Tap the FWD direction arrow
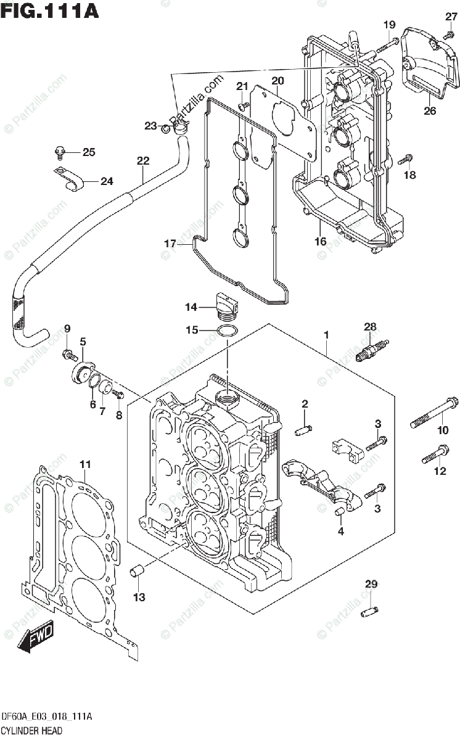(x=36, y=636)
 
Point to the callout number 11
(x=85, y=465)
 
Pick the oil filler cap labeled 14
(x=228, y=307)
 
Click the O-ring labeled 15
(x=227, y=331)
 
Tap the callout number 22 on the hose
(x=143, y=161)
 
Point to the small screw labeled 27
(x=449, y=33)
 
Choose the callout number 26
(x=430, y=110)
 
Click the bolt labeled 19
(x=387, y=45)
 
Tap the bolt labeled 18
(x=406, y=159)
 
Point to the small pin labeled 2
(x=303, y=430)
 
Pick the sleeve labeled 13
(x=138, y=570)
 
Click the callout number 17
(x=170, y=244)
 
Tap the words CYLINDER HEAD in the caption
(x=32, y=730)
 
